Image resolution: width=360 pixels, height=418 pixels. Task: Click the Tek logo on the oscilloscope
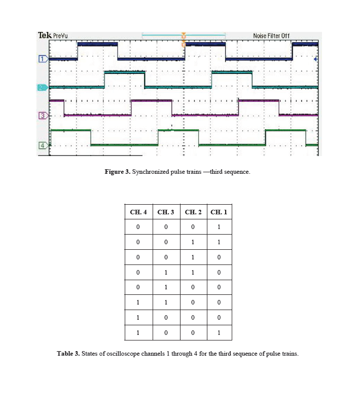point(45,35)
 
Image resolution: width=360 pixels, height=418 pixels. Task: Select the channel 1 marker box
point(43,59)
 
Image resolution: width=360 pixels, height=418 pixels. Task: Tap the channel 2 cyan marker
point(43,88)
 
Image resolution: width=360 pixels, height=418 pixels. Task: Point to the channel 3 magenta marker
point(43,116)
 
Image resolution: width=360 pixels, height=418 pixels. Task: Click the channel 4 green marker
point(43,145)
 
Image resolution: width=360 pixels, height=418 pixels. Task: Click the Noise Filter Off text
point(271,36)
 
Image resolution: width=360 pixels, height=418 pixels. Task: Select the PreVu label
point(60,36)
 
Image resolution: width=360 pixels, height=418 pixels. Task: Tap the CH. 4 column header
point(138,212)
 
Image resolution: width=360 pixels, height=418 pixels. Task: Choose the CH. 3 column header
point(166,212)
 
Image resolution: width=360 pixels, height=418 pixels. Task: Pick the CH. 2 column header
point(193,212)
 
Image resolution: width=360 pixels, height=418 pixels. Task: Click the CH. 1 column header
point(219,212)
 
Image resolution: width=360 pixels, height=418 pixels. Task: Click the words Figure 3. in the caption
point(118,172)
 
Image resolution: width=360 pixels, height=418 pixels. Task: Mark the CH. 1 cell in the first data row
point(219,227)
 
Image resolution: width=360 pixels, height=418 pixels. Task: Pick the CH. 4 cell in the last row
point(138,333)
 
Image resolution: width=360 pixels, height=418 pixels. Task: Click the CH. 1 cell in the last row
point(219,333)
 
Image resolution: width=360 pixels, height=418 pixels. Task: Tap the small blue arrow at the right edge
point(316,59)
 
